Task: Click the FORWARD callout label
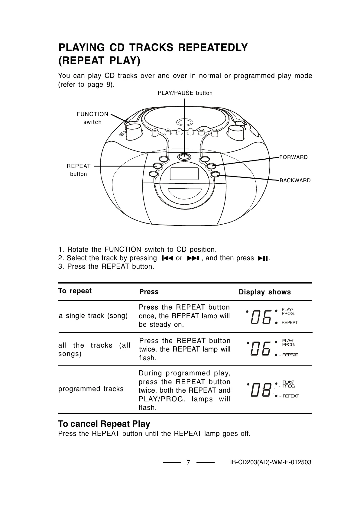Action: (x=293, y=157)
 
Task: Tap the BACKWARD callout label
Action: (x=295, y=180)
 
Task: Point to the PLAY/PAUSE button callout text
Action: (x=185, y=93)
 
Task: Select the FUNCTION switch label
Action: (x=92, y=118)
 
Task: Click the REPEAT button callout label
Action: (x=79, y=170)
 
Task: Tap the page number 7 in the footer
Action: (x=188, y=462)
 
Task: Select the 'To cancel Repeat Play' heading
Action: (x=104, y=424)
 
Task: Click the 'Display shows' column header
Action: (x=265, y=292)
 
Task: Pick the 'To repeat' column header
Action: (x=75, y=291)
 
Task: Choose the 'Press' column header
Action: (x=149, y=292)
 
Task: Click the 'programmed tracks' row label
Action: (x=91, y=389)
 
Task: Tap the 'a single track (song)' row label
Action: (x=93, y=316)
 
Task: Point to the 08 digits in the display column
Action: (x=261, y=390)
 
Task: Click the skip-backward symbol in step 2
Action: (x=167, y=258)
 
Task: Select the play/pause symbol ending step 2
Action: (x=263, y=258)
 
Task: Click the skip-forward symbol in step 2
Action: (x=192, y=258)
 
